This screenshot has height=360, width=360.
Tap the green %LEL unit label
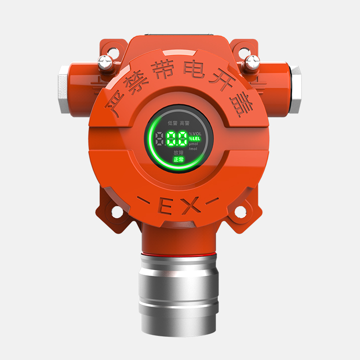click(195, 139)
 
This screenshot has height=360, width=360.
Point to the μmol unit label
click(193, 144)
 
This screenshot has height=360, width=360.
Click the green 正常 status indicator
click(179, 159)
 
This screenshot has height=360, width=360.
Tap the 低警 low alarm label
click(172, 122)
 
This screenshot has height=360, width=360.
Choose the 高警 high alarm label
click(185, 122)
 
